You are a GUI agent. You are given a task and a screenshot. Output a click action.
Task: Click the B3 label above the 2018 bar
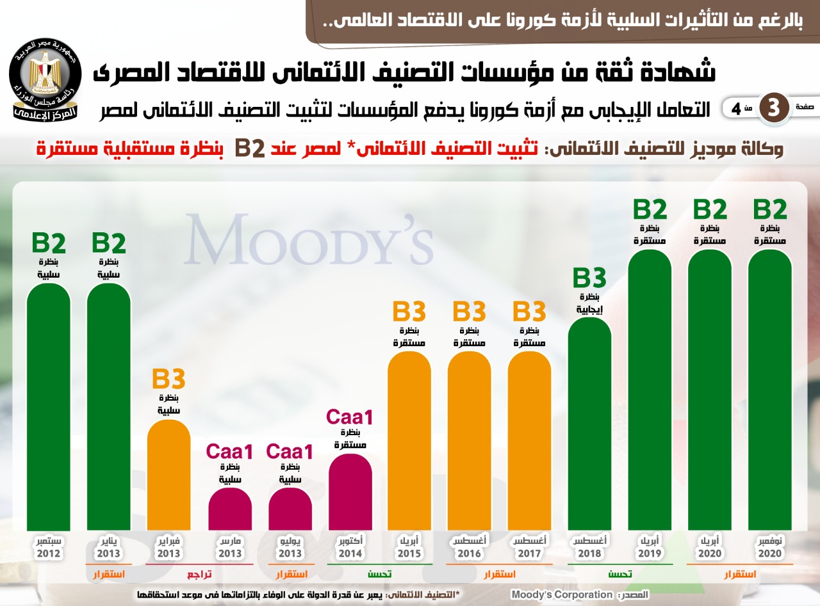(589, 279)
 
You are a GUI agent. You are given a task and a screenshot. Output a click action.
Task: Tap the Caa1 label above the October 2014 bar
(350, 417)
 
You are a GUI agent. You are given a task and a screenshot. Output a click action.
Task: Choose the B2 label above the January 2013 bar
(108, 244)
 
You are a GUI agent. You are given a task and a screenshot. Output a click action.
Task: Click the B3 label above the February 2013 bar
(168, 379)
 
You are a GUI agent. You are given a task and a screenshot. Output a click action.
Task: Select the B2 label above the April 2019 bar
(650, 210)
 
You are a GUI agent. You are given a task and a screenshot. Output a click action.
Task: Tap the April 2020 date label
(710, 547)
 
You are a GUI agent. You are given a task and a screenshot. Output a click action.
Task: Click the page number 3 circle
(773, 108)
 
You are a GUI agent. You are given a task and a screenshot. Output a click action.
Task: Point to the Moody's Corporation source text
(562, 594)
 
